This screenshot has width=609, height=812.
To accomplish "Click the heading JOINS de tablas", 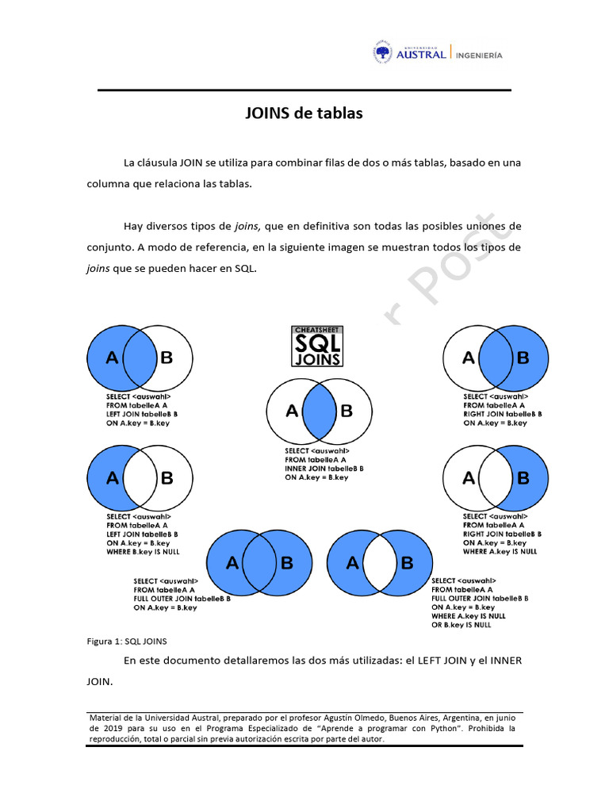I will click(303, 113).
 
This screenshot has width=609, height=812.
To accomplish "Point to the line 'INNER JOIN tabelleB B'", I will click(324, 469).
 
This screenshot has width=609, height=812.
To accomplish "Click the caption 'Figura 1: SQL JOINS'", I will click(126, 641).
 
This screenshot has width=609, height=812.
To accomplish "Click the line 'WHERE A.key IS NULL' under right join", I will click(500, 551).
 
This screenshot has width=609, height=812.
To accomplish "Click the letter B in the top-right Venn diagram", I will click(523, 358).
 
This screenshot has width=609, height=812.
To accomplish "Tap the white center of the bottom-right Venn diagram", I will click(380, 563).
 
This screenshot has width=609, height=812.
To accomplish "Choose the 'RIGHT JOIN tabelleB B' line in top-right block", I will click(502, 414).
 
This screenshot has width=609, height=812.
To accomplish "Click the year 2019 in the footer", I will click(112, 728).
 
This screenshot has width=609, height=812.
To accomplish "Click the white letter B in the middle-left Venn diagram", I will click(167, 478).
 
